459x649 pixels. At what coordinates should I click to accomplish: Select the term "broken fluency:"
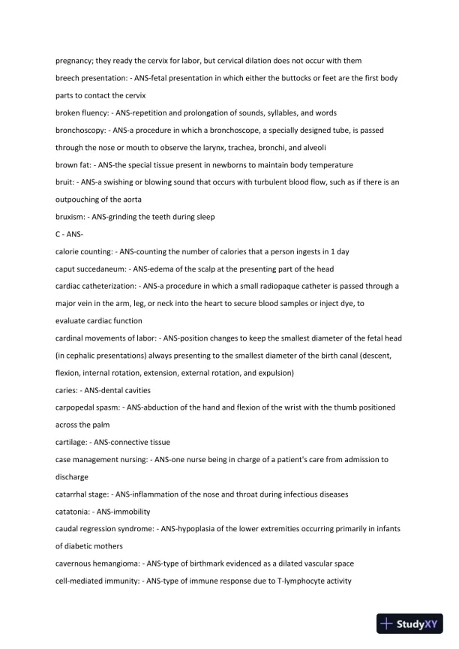pos(80,113)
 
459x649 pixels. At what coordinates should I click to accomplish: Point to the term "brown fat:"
pos(73,165)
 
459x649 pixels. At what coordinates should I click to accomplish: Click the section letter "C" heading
pos(58,234)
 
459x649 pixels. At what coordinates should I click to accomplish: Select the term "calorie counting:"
pos(83,251)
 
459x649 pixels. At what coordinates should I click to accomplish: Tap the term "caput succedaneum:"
pos(90,269)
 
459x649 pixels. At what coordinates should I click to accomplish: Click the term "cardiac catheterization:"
pos(96,286)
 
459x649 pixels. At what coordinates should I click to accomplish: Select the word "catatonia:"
pos(73,511)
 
